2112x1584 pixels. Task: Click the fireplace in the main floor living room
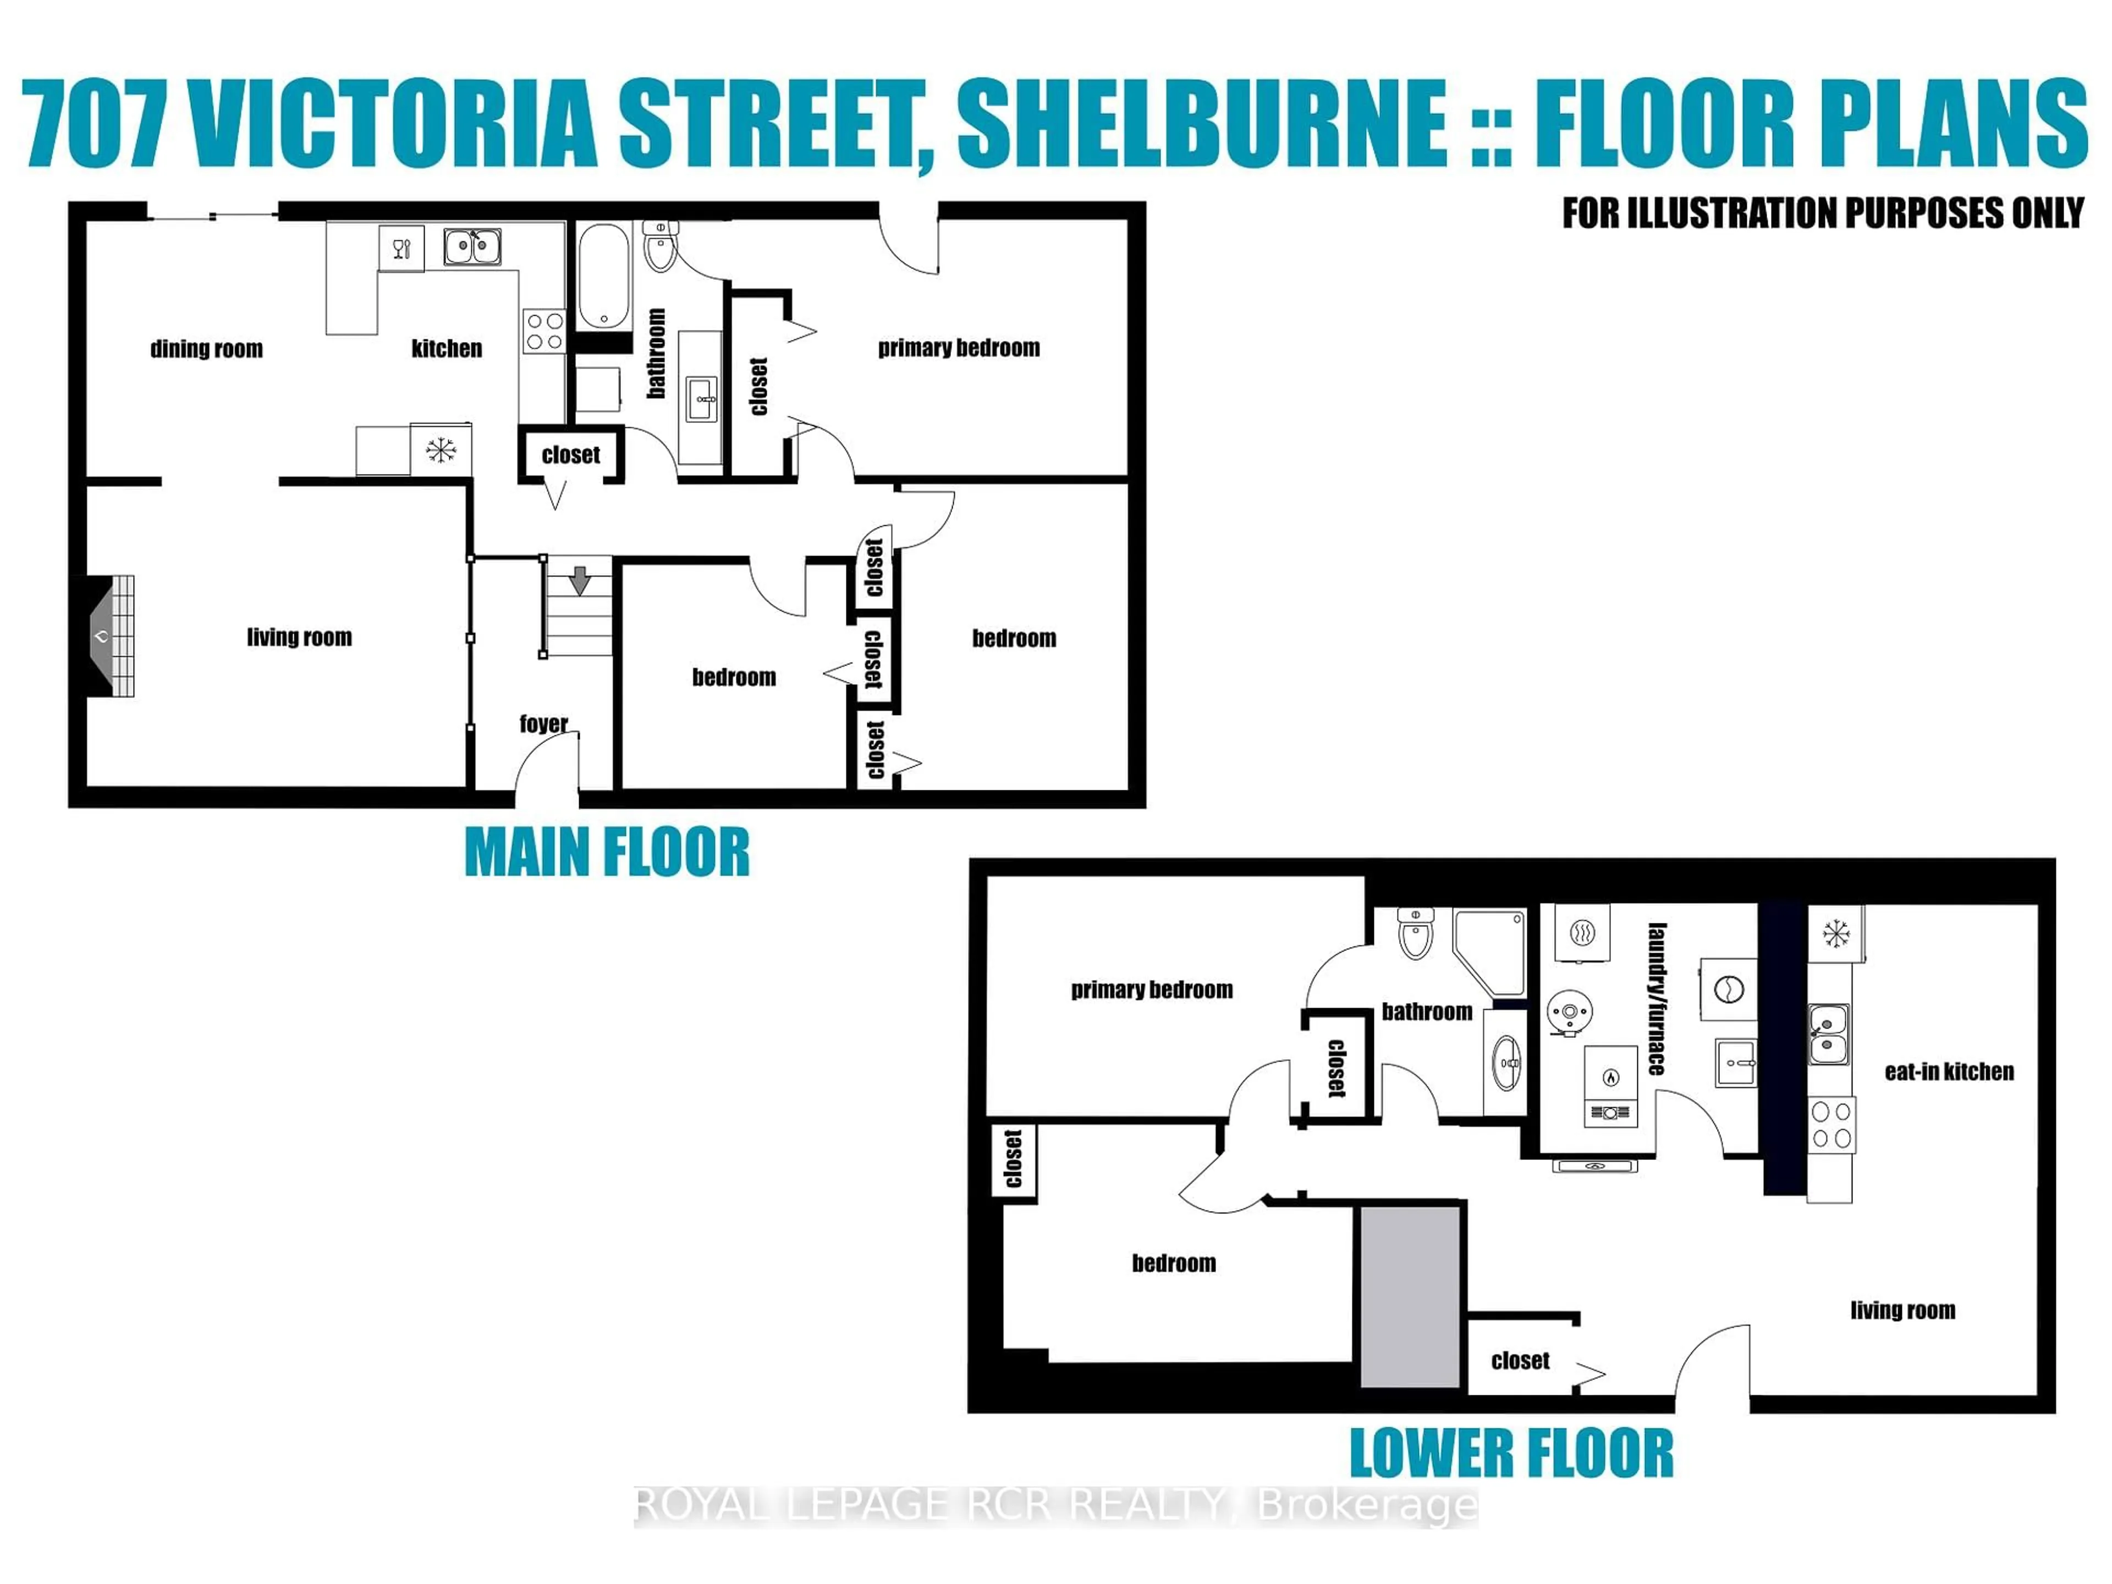pyautogui.click(x=107, y=636)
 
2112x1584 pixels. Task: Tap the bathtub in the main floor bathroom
pyautogui.click(x=603, y=276)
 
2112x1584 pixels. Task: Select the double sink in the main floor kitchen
pyautogui.click(x=472, y=248)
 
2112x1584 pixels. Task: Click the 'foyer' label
pyautogui.click(x=543, y=724)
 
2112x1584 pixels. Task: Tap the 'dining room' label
pyautogui.click(x=206, y=349)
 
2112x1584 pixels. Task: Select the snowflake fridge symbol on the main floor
pyautogui.click(x=440, y=450)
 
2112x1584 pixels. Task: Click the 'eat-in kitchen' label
pyautogui.click(x=1949, y=1072)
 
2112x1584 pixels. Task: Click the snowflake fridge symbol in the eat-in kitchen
pyautogui.click(x=1835, y=934)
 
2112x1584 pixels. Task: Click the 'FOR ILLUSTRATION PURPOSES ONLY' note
pyautogui.click(x=1822, y=213)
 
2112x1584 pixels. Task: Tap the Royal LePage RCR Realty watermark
pyautogui.click(x=1056, y=1506)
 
